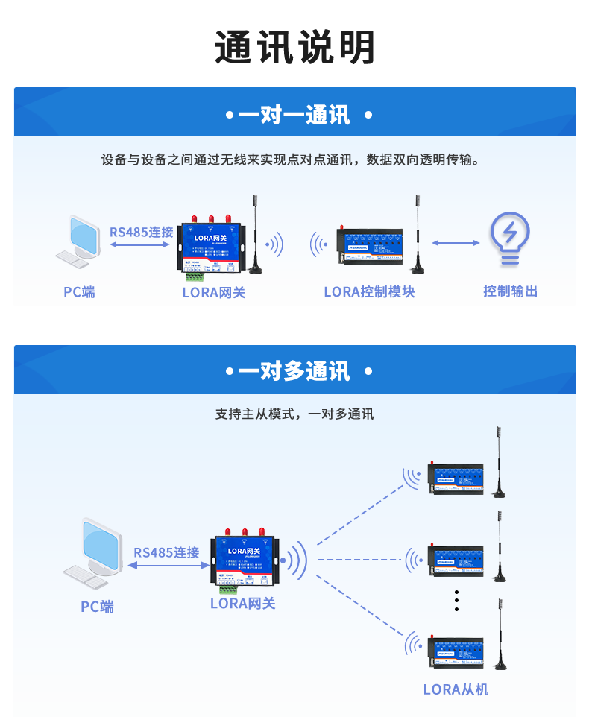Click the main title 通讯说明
tap(294, 48)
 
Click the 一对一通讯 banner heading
tap(294, 116)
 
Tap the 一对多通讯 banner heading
tap(294, 370)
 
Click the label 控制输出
tap(510, 291)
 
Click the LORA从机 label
tap(456, 689)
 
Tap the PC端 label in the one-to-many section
tap(98, 607)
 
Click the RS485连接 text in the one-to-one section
tap(142, 232)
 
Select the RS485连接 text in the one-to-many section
tap(166, 552)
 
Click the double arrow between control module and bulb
tap(456, 242)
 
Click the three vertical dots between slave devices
tap(456, 600)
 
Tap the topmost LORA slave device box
tap(456, 478)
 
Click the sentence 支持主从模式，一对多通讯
tap(294, 414)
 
